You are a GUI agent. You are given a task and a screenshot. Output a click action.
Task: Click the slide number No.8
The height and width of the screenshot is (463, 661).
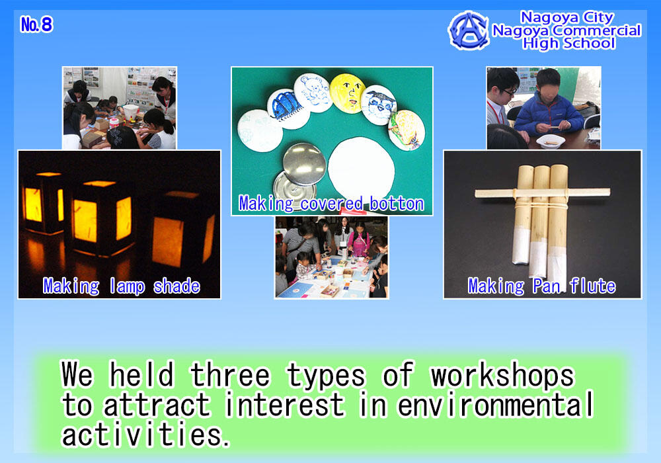pyautogui.click(x=36, y=24)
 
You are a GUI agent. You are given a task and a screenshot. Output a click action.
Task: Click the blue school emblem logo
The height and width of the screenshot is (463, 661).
pyautogui.click(x=469, y=31)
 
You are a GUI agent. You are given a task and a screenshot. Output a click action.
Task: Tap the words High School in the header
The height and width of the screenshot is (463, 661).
pyautogui.click(x=568, y=44)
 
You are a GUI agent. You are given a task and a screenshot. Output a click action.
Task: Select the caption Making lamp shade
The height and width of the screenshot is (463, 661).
pyautogui.click(x=122, y=286)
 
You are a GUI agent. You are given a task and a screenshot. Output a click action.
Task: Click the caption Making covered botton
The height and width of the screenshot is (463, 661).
pyautogui.click(x=331, y=204)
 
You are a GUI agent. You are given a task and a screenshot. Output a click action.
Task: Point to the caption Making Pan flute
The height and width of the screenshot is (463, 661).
pyautogui.click(x=542, y=286)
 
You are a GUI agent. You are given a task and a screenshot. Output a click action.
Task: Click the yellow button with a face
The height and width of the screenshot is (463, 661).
pyautogui.click(x=348, y=93)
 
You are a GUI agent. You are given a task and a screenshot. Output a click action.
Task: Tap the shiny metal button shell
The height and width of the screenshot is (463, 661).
pyautogui.click(x=304, y=164)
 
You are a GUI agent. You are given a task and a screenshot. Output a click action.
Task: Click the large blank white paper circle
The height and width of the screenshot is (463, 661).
pyautogui.click(x=362, y=166)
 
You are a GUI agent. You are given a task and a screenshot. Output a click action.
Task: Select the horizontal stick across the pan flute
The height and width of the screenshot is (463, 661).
pyautogui.click(x=543, y=192)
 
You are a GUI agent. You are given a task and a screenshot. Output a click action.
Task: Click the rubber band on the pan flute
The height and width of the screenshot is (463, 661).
pyautogui.click(x=541, y=204)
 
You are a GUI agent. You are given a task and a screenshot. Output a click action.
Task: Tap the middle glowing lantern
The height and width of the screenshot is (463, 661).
pyautogui.click(x=101, y=220)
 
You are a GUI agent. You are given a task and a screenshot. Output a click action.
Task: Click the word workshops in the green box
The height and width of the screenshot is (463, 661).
pyautogui.click(x=502, y=375)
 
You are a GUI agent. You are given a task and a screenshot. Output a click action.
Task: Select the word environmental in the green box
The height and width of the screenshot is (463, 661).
pyautogui.click(x=495, y=404)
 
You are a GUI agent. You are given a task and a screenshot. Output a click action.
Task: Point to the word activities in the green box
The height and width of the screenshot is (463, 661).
pyautogui.click(x=146, y=434)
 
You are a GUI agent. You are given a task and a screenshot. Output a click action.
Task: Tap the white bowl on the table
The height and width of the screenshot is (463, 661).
pyautogui.click(x=550, y=142)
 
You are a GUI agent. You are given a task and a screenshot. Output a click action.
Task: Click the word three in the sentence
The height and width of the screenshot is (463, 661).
pyautogui.click(x=230, y=375)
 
